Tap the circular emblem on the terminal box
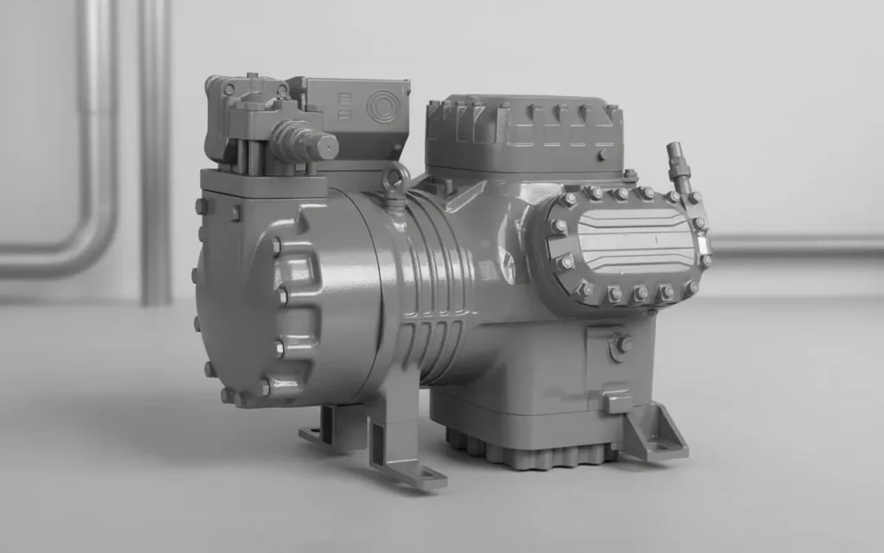pos(380,107)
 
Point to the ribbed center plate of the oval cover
pos(635,241)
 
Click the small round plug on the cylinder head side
pos(602,155)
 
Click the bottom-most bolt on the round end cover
pos(227,396)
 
